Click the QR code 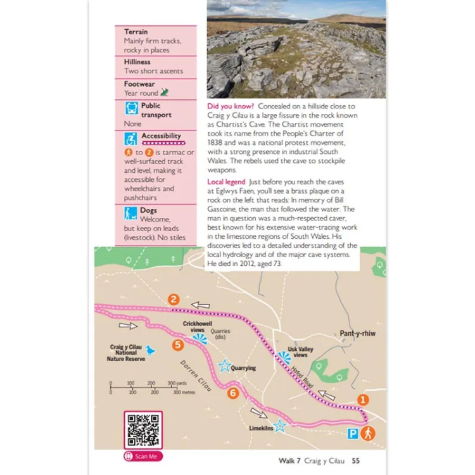pyautogui.click(x=143, y=430)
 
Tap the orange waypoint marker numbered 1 pyautogui.click(x=362, y=400)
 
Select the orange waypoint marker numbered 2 pyautogui.click(x=174, y=300)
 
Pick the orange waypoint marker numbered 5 pyautogui.click(x=178, y=345)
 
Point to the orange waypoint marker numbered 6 pyautogui.click(x=232, y=393)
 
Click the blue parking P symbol pyautogui.click(x=353, y=434)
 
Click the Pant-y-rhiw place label pyautogui.click(x=357, y=333)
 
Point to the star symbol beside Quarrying pyautogui.click(x=224, y=366)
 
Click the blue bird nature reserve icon pyautogui.click(x=150, y=350)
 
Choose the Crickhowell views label pyautogui.click(x=193, y=327)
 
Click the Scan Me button pyautogui.click(x=144, y=456)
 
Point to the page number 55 pyautogui.click(x=356, y=461)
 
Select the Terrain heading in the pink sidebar pyautogui.click(x=136, y=32)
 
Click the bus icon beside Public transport pyautogui.click(x=131, y=109)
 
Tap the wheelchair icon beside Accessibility pyautogui.click(x=131, y=139)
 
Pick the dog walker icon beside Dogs pyautogui.click(x=131, y=213)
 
